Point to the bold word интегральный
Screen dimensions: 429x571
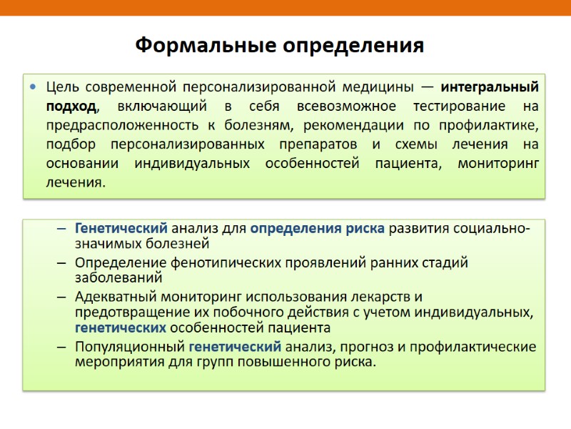tap(490, 88)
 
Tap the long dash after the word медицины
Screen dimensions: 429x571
tap(425, 88)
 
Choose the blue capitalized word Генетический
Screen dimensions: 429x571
tap(121, 229)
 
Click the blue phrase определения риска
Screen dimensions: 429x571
tap(318, 229)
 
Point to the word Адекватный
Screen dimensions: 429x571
tap(114, 296)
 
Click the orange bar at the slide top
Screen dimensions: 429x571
tap(285, 7)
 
